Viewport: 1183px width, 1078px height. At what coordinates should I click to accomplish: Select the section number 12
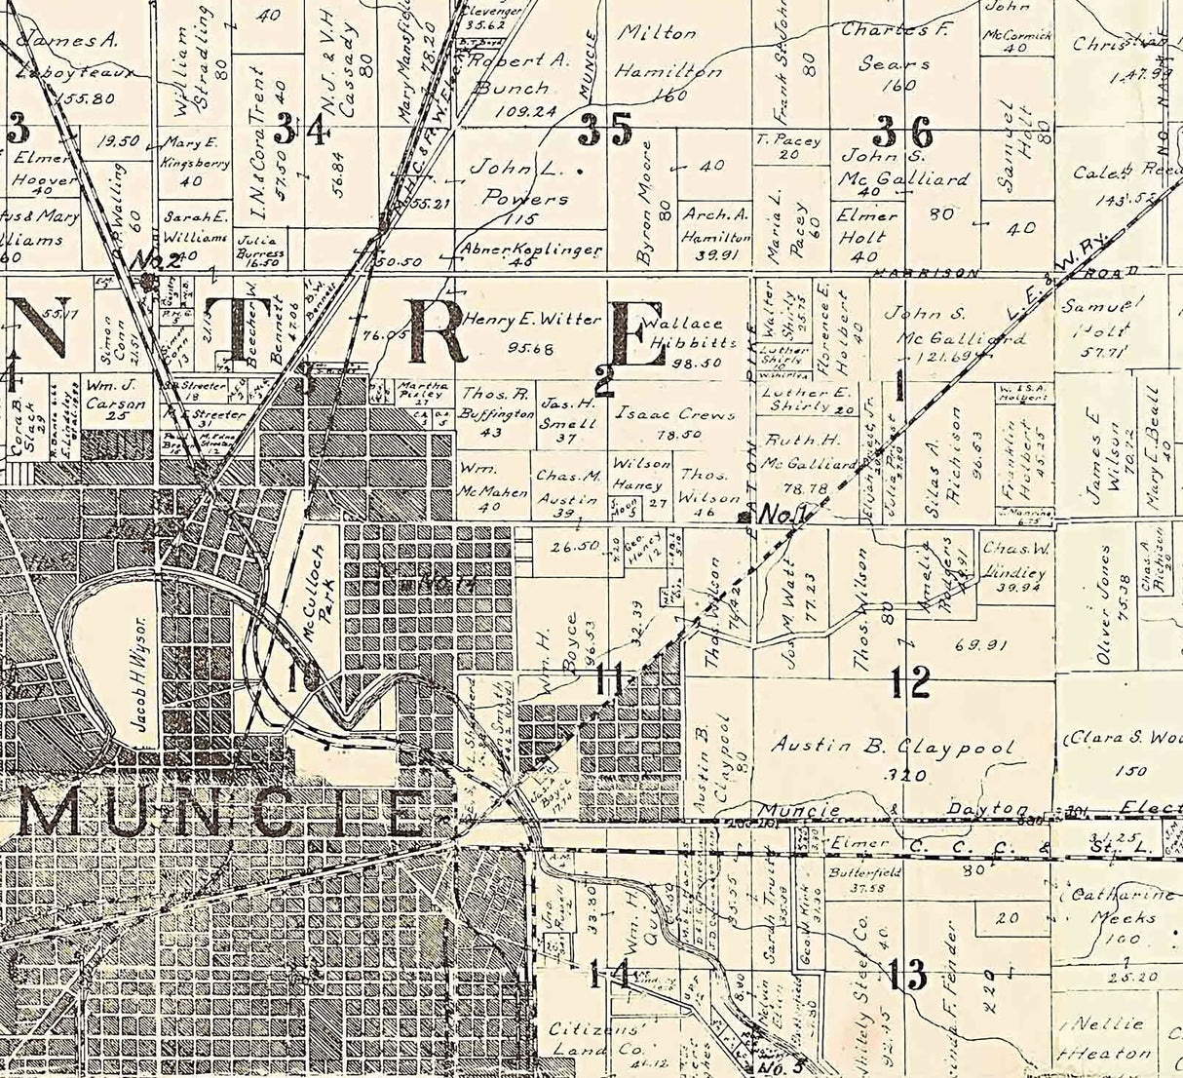[x=909, y=683]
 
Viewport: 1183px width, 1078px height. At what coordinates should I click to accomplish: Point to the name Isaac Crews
[x=674, y=413]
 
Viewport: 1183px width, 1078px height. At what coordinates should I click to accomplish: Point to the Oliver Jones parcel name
[x=1104, y=604]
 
